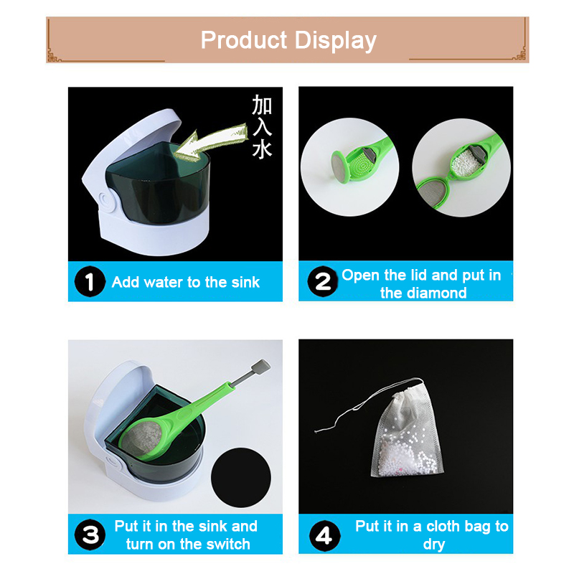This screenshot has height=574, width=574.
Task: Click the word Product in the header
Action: click(x=244, y=40)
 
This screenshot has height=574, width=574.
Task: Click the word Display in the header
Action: click(x=335, y=41)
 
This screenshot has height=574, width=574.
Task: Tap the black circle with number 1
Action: click(x=90, y=281)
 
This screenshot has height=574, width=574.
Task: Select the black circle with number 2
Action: click(x=322, y=281)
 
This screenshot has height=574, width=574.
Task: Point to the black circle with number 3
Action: click(x=90, y=535)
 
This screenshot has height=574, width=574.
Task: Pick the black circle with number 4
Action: click(x=325, y=536)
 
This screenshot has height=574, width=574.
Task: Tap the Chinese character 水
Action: click(x=262, y=149)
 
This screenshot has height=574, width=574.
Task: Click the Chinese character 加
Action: click(x=262, y=105)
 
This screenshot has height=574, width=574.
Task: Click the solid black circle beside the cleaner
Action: click(x=241, y=477)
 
